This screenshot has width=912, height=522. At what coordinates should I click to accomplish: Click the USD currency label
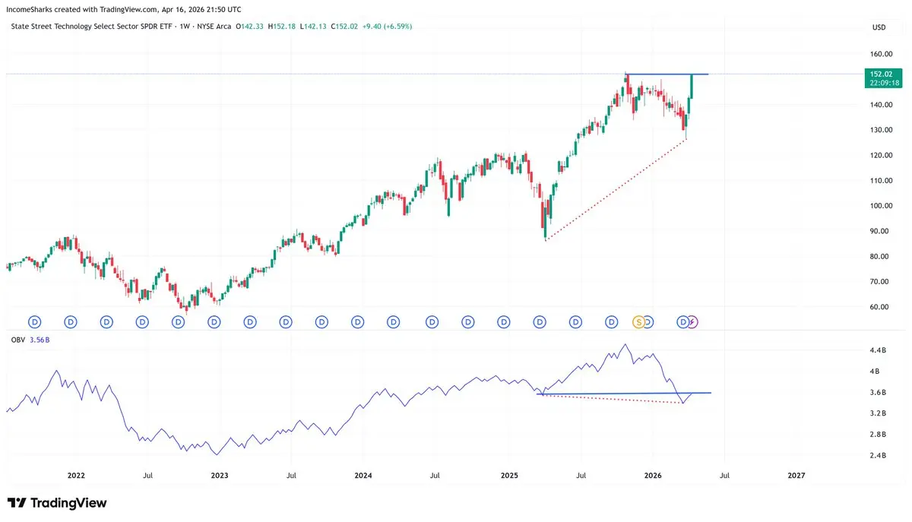[x=879, y=27]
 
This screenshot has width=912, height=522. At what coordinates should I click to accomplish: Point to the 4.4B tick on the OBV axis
[x=878, y=350]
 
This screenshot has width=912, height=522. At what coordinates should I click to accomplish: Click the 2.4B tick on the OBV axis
[x=878, y=455]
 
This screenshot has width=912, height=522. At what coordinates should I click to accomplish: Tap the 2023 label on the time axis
[x=219, y=476]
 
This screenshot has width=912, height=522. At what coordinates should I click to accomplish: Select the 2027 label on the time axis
[x=796, y=476]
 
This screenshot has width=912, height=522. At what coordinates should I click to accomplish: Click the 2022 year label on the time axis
[x=76, y=476]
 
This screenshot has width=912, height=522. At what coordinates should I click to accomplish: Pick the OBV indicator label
[x=18, y=340]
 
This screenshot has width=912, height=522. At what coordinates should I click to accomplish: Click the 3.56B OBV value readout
[x=40, y=340]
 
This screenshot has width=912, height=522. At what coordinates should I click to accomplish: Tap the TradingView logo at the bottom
[x=57, y=503]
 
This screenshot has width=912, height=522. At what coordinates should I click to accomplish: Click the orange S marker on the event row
[x=639, y=322]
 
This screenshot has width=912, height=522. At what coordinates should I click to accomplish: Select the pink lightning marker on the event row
[x=692, y=322]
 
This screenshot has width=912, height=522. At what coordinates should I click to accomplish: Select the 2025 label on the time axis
[x=509, y=476]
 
